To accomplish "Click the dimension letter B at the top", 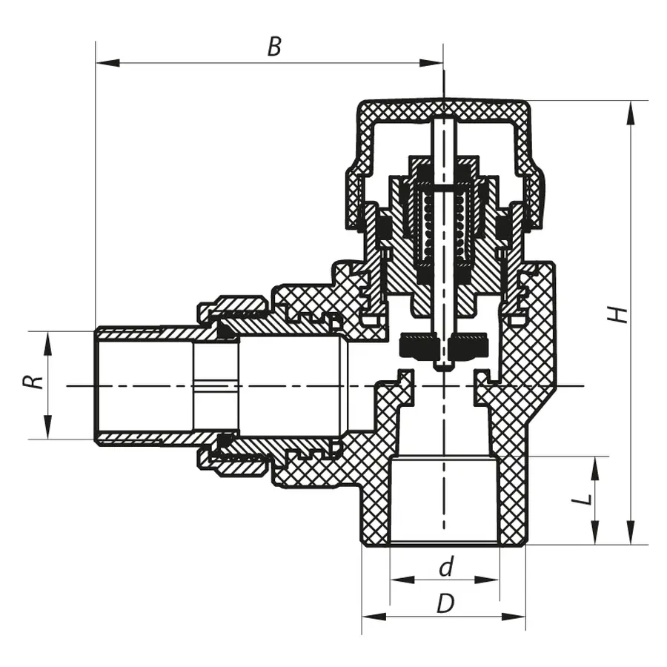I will [x=274, y=47].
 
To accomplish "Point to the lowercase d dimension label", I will [x=445, y=568].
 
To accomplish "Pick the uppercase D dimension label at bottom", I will [x=445, y=605].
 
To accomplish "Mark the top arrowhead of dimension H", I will [x=630, y=110].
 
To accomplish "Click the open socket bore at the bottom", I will [x=444, y=504].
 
